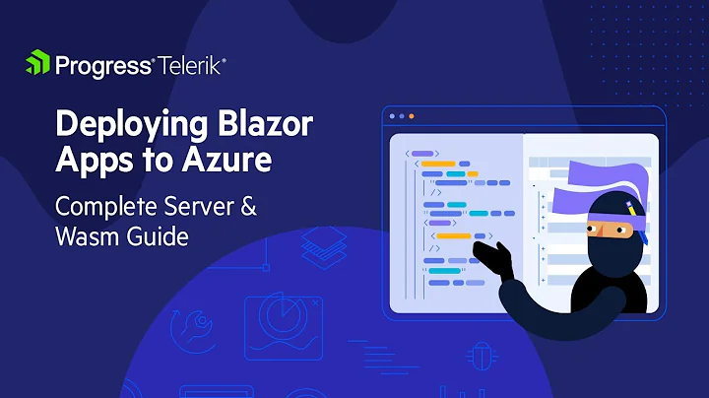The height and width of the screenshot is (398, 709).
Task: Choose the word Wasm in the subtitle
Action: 86,237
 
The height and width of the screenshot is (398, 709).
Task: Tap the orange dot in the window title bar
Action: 411,116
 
